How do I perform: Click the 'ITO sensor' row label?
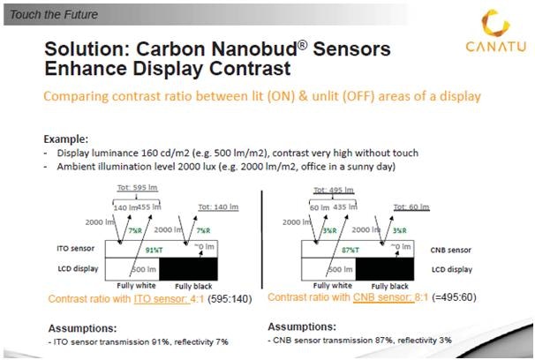[64, 249]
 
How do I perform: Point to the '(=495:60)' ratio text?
[432, 299]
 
